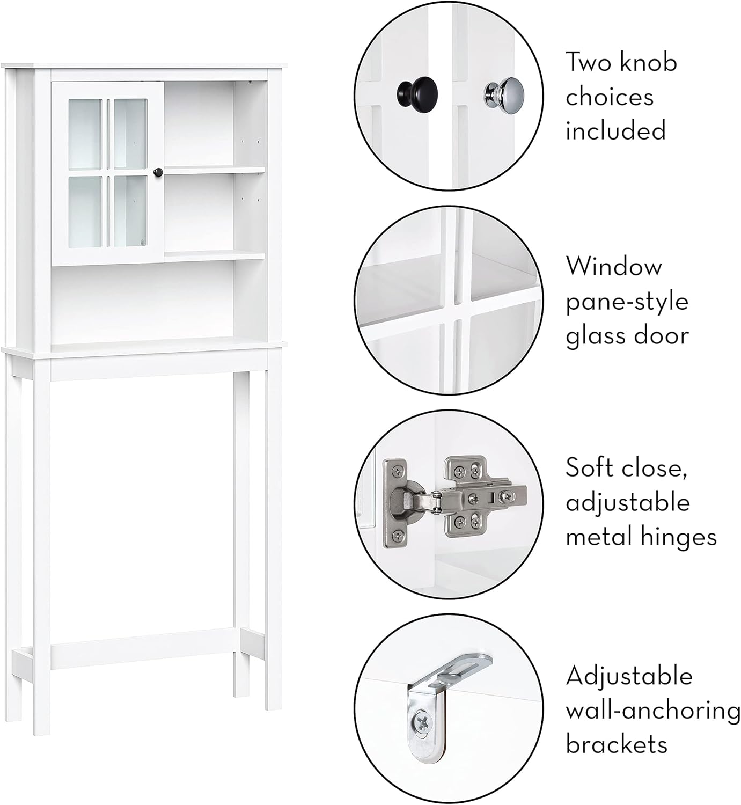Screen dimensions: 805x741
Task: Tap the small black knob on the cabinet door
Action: click(x=158, y=172)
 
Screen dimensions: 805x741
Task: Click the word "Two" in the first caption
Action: click(x=588, y=63)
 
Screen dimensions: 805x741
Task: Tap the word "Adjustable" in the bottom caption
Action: click(x=629, y=676)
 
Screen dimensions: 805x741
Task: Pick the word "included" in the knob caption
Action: click(x=615, y=131)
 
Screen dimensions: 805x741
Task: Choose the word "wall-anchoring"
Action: click(x=653, y=711)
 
